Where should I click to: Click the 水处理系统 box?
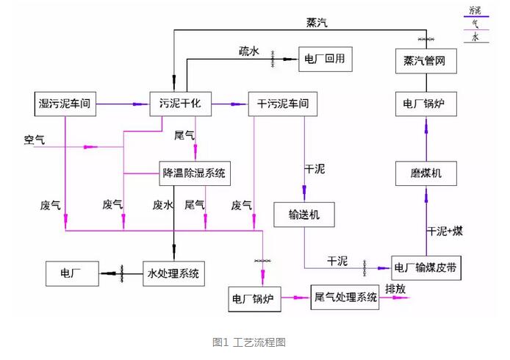click(x=173, y=274)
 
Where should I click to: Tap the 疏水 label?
click(x=249, y=51)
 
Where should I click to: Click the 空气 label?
click(x=35, y=139)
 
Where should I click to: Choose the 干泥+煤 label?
click(x=445, y=231)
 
